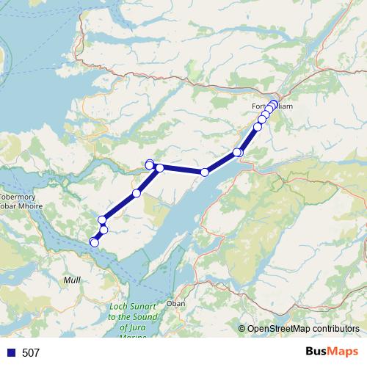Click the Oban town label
176,302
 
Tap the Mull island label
73,280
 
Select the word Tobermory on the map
12,197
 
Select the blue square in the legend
10,353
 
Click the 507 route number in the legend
31,353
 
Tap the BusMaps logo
333,352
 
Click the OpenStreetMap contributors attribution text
303,330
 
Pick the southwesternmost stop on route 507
94,242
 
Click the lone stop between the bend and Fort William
205,172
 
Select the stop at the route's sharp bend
159,168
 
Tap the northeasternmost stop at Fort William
275,103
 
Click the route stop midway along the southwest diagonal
137,193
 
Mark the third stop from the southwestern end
102,219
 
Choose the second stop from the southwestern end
103,230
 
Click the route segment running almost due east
182,170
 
